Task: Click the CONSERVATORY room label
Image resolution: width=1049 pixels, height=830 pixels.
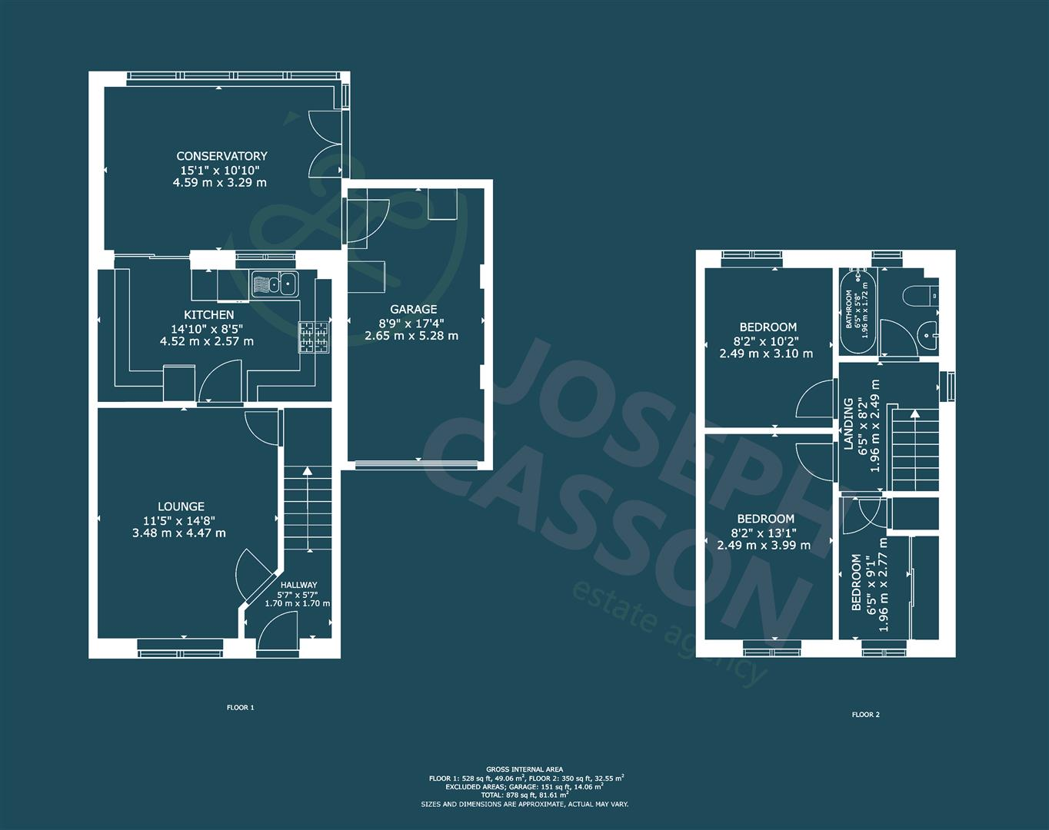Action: pyautogui.click(x=221, y=156)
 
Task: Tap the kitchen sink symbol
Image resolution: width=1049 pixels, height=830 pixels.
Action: pyautogui.click(x=275, y=284)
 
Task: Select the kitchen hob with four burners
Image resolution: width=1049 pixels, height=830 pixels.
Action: pyautogui.click(x=314, y=337)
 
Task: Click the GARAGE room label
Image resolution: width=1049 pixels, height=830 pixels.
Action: pyautogui.click(x=412, y=309)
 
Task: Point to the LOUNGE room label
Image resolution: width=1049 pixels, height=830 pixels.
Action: pyautogui.click(x=181, y=506)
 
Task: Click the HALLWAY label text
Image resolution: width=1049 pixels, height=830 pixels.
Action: pyautogui.click(x=298, y=585)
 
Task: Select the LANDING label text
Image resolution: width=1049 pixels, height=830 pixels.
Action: pyautogui.click(x=848, y=424)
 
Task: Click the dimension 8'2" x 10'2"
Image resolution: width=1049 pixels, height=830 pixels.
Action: pyautogui.click(x=764, y=340)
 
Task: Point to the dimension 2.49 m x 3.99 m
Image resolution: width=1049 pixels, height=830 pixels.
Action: pyautogui.click(x=764, y=546)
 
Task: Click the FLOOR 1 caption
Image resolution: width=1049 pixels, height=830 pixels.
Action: pyautogui.click(x=240, y=708)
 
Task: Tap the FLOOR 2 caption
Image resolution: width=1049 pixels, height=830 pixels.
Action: pyautogui.click(x=865, y=715)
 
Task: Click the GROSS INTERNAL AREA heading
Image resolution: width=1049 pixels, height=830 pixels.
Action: pyautogui.click(x=524, y=769)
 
